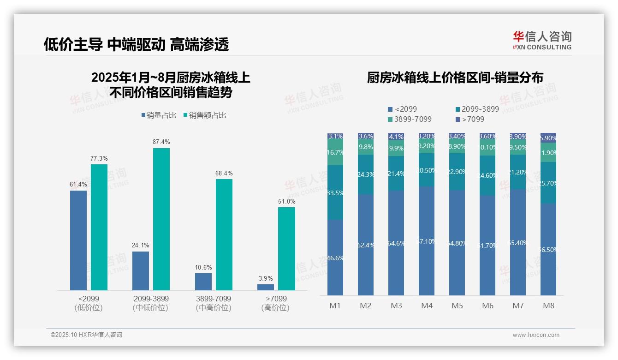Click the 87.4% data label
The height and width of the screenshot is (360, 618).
point(161,142)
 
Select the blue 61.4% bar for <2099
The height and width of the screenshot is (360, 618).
point(78,240)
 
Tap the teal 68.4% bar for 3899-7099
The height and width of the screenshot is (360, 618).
point(224,234)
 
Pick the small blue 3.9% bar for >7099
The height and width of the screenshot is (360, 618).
point(266,287)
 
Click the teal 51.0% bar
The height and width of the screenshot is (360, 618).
point(286,249)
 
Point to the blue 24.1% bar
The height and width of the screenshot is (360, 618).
point(141,270)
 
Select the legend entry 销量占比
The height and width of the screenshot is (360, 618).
point(159,115)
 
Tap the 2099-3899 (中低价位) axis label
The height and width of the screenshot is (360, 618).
point(150,303)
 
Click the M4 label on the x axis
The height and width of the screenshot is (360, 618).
point(427,306)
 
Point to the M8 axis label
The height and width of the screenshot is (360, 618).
point(548,306)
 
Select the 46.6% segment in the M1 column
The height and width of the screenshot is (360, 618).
point(335,257)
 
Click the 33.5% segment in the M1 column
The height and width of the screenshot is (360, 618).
point(335,192)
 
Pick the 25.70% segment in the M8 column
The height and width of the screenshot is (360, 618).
point(548,183)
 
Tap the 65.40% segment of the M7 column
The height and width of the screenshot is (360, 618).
point(518,242)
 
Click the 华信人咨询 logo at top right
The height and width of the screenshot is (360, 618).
point(542,41)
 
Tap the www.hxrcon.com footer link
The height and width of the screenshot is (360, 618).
point(536,335)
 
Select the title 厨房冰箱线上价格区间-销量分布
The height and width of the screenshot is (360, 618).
point(455,78)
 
